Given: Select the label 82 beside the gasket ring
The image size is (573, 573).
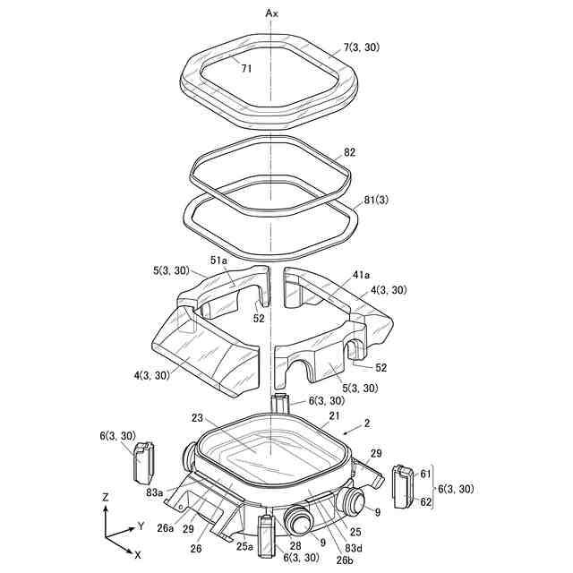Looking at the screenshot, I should point(348,153).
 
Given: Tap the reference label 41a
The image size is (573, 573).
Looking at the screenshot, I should point(346,278).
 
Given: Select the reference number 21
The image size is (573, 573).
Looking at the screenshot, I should point(335,416).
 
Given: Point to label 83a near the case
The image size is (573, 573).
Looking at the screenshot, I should point(154,492).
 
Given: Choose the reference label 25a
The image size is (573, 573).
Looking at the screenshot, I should point(245,544).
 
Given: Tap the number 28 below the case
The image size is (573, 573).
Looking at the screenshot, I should point(295,545).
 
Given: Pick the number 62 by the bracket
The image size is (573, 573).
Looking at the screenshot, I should point(425,502).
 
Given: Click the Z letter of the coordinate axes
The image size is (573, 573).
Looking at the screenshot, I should point(105,496).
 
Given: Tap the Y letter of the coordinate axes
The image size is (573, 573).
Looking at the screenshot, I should point(141,526).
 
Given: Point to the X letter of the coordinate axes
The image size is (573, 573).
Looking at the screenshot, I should point(136,555).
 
